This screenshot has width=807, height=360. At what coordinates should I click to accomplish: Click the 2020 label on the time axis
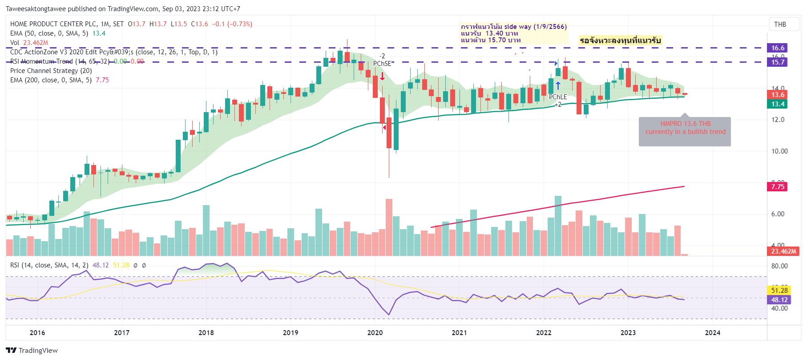tap(375, 332)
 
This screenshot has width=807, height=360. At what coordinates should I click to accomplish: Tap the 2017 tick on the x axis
tap(121, 332)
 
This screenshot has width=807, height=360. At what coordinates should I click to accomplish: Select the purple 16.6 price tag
tap(777, 48)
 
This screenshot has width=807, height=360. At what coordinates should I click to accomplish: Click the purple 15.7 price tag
tap(777, 62)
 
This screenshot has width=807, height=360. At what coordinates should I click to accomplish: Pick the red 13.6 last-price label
tap(777, 95)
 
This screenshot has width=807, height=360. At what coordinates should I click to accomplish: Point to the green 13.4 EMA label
tap(777, 104)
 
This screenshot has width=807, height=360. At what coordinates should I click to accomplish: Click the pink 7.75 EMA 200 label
tap(777, 187)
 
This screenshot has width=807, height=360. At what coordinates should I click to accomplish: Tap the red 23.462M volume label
tap(783, 251)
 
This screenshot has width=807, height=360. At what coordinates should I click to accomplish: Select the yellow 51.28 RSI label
tap(779, 291)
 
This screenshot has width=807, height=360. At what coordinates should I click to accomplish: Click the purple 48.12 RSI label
tap(779, 300)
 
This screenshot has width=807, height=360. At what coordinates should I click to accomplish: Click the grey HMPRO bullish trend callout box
tap(685, 132)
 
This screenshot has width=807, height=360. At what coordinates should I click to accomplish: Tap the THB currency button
tap(780, 24)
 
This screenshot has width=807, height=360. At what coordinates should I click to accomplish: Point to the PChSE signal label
tap(382, 64)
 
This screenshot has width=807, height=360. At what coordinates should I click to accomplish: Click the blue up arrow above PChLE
tap(558, 85)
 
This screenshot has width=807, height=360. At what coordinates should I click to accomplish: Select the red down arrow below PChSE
tap(382, 76)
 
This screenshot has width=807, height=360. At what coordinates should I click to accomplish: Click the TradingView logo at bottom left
tap(32, 350)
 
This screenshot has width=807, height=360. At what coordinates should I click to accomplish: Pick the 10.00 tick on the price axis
tap(779, 151)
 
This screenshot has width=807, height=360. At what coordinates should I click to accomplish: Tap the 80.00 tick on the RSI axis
tap(779, 266)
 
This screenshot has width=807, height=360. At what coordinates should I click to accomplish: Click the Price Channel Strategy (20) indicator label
tap(51, 71)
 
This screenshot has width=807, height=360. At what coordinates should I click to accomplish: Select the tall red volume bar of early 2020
tap(389, 227)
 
